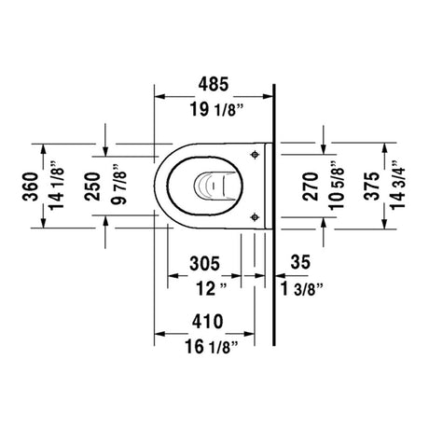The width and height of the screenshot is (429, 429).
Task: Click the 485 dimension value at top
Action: (x=214, y=84)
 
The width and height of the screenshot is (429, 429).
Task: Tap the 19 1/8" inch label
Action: (x=216, y=109)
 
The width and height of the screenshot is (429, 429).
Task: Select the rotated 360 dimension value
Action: (x=31, y=187)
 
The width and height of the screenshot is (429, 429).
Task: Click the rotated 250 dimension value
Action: (x=92, y=187)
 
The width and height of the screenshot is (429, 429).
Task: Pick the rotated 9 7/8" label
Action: (x=118, y=184)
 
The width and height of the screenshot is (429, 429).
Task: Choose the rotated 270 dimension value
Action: (x=311, y=187)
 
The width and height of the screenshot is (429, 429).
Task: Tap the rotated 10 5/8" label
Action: (x=338, y=186)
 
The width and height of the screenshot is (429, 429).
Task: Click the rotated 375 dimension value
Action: (x=372, y=186)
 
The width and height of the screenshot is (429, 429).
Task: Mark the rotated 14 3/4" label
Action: (x=398, y=185)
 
